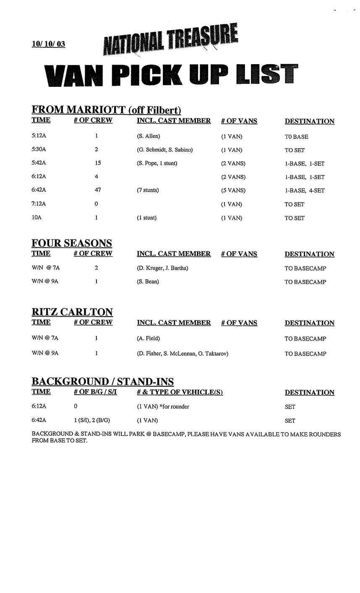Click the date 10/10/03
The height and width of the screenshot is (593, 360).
point(48,44)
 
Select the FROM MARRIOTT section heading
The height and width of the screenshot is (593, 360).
point(106,110)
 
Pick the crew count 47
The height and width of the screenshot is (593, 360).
point(98,190)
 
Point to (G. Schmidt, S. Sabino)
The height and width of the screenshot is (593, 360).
point(164,150)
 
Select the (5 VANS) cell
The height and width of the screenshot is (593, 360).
point(233,190)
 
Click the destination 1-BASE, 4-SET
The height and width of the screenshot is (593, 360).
point(304,190)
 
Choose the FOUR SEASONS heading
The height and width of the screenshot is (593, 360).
point(72,243)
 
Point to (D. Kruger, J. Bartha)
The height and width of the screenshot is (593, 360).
point(162,268)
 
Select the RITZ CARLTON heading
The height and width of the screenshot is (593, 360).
point(72,312)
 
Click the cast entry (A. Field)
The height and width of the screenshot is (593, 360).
point(148,338)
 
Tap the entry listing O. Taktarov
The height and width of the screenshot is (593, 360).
point(182,354)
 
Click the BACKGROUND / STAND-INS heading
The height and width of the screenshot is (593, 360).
point(102,382)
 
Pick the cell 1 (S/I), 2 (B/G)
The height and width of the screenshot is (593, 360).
point(92,420)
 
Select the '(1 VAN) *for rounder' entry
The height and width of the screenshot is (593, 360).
point(163,406)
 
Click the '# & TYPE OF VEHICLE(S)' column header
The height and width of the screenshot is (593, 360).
point(179,392)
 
